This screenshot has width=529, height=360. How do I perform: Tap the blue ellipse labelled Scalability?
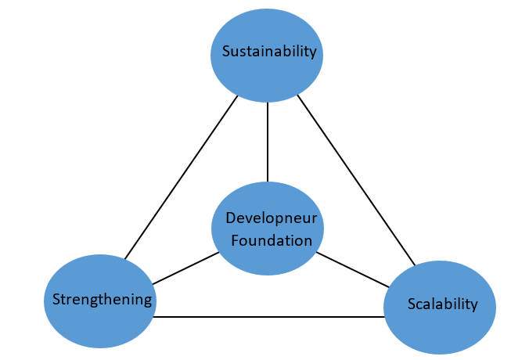[x=440, y=321]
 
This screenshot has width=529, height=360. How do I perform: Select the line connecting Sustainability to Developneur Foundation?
[x=268, y=141]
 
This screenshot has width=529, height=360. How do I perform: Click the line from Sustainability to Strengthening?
[x=182, y=176]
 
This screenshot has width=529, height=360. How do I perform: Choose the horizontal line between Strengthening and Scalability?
[x=270, y=316]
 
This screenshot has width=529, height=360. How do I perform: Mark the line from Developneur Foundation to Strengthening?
[x=186, y=268]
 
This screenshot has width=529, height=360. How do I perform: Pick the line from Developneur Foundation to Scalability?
[x=352, y=270]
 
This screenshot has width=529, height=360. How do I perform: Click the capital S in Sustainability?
[x=227, y=52]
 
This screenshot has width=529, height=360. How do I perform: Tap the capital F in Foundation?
[x=236, y=240]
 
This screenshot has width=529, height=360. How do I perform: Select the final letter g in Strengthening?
[x=148, y=301]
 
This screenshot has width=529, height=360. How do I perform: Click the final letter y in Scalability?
[x=473, y=305]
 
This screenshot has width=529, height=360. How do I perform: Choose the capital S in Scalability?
[x=412, y=304]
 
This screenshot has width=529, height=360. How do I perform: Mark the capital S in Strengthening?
[x=56, y=299]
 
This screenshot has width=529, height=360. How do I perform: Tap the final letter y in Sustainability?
[x=312, y=54]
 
